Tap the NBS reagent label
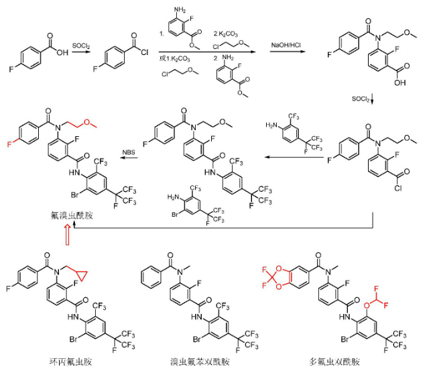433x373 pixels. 131,152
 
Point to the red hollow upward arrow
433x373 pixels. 67,235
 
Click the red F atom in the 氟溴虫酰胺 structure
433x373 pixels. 9,144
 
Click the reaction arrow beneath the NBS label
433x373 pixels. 131,159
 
